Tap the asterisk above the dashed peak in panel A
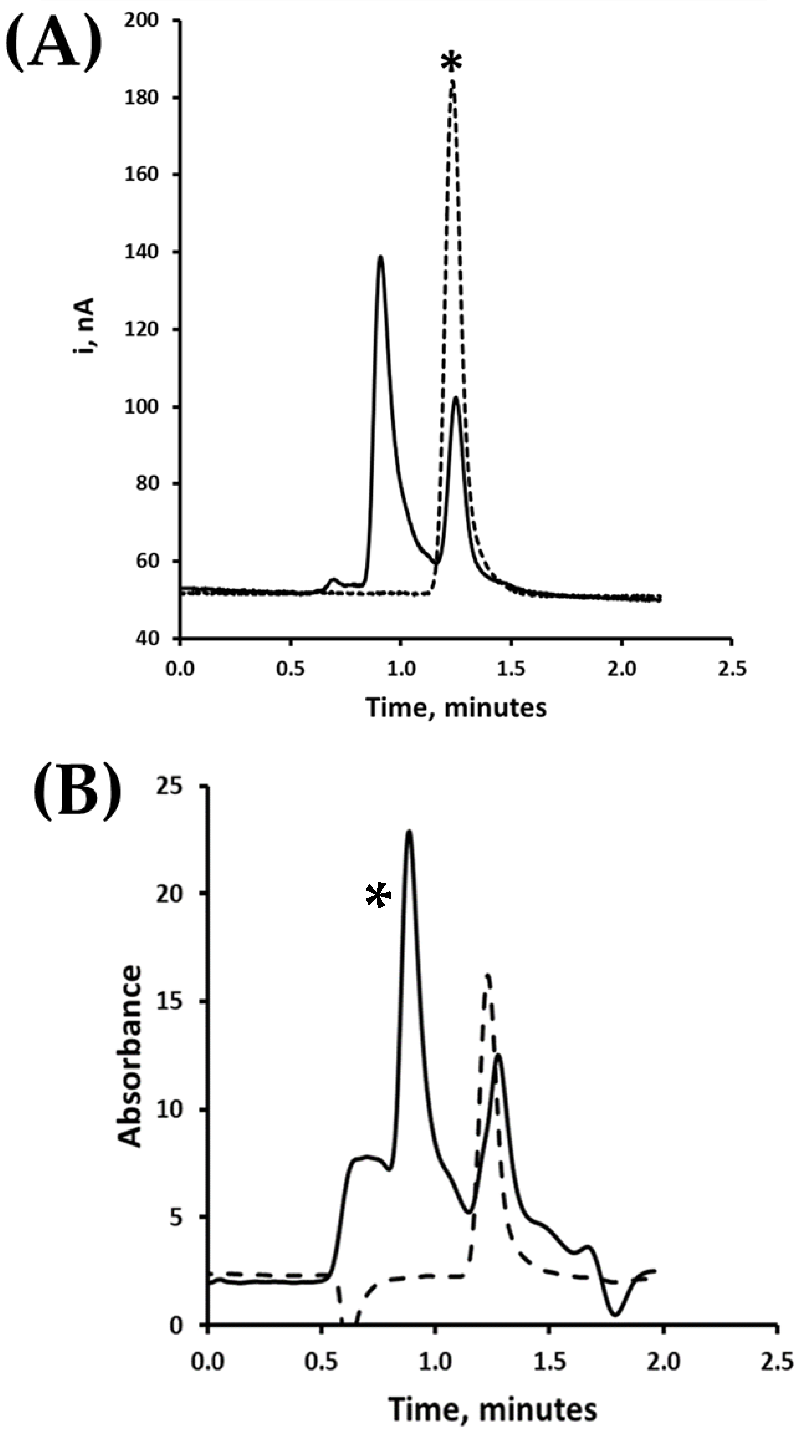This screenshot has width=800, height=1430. [451, 62]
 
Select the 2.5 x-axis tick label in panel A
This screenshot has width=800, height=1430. [732, 669]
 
